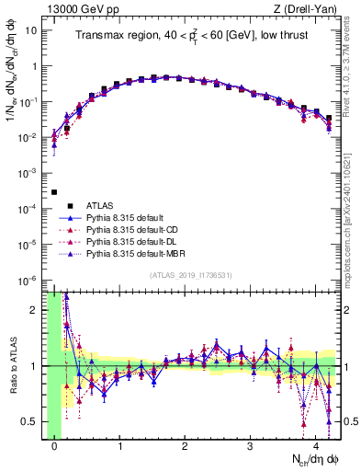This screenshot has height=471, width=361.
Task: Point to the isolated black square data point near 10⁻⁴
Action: tap(54, 192)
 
